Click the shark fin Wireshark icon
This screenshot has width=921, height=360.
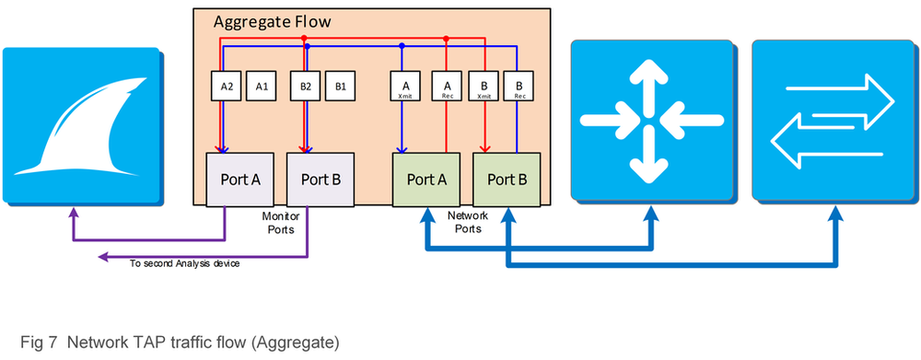click(80, 124)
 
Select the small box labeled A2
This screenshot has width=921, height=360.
click(227, 86)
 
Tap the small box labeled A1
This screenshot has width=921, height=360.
click(262, 86)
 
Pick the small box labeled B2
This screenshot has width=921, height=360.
click(306, 86)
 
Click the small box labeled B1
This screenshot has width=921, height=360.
click(341, 86)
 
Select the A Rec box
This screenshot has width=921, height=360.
click(447, 86)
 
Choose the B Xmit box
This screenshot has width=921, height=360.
click(482, 86)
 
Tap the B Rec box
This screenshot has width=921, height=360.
click(519, 86)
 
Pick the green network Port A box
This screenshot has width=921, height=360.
click(426, 178)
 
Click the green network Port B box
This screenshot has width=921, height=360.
click(506, 178)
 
